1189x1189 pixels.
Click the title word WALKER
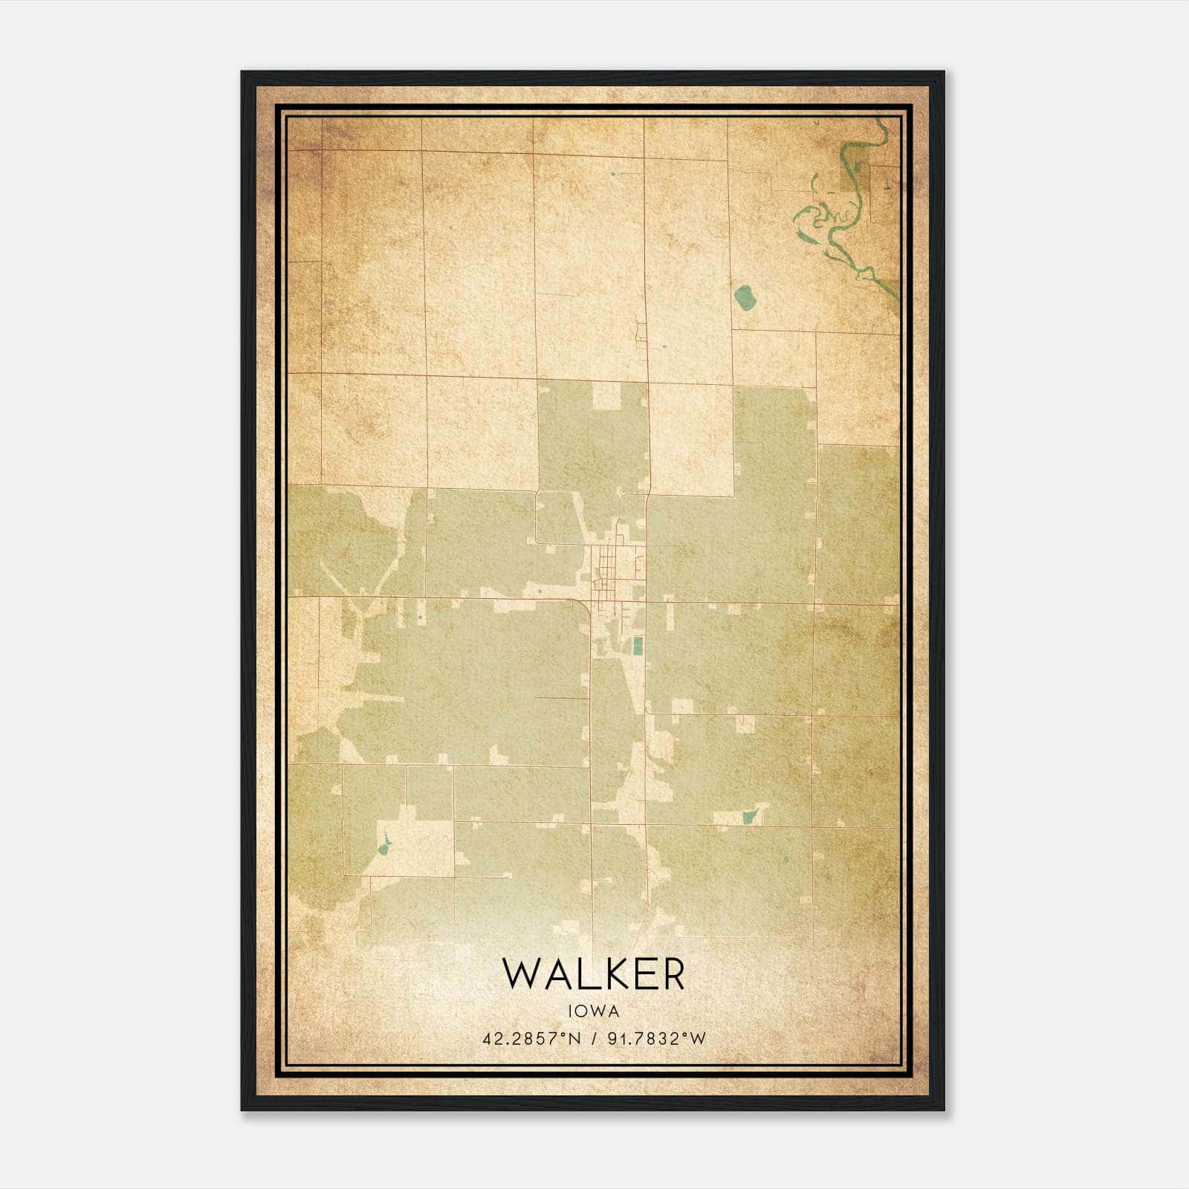coord(593,974)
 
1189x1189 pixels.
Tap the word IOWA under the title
coord(593,1011)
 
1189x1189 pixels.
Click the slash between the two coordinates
coord(593,1039)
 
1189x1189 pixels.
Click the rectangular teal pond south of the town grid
coord(637,645)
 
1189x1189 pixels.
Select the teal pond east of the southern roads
coord(748,817)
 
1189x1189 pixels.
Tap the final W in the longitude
coord(698,1039)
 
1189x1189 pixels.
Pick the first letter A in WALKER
coord(554,974)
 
